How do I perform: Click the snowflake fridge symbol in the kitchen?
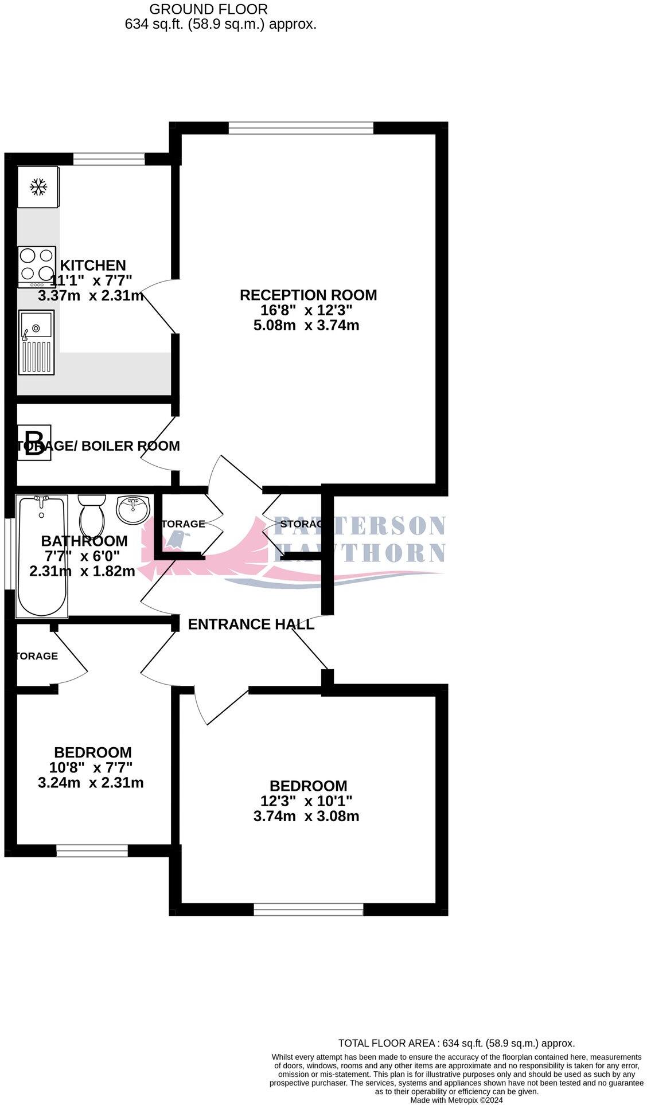click(x=38, y=187)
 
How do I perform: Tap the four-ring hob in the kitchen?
click(x=37, y=266)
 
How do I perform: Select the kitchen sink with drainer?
click(x=36, y=342)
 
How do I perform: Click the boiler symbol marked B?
click(x=34, y=442)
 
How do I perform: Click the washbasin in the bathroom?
click(x=133, y=508)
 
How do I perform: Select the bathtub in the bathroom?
click(x=42, y=556)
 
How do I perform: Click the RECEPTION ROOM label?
click(x=308, y=295)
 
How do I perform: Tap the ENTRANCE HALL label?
click(x=251, y=624)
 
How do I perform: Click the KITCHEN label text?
click(x=93, y=265)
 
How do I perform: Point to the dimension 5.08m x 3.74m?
click(x=306, y=326)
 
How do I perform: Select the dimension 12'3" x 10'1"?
click(x=306, y=801)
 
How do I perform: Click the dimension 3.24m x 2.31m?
click(x=91, y=783)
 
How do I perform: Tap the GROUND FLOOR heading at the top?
click(x=208, y=9)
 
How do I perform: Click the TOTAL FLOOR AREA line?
click(x=456, y=1044)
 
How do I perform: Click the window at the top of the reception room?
click(x=301, y=127)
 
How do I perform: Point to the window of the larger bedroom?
click(x=309, y=909)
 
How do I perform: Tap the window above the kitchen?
click(x=109, y=159)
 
